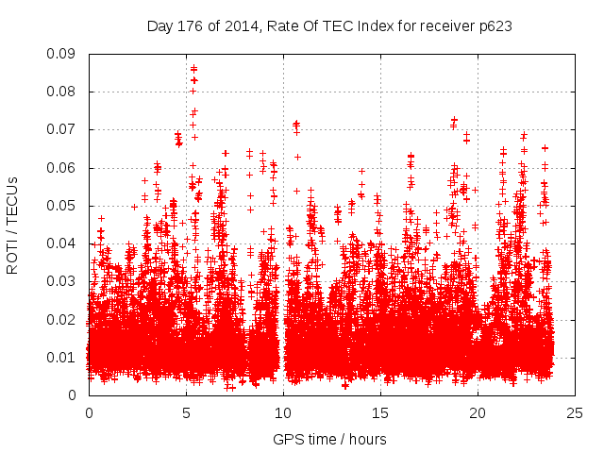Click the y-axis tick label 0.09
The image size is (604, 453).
pyautogui.click(x=63, y=54)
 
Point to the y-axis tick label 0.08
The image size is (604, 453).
pyautogui.click(x=63, y=92)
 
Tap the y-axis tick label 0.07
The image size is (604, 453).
pyautogui.click(x=63, y=129)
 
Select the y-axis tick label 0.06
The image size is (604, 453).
pyautogui.click(x=63, y=168)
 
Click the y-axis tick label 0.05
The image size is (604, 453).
pyautogui.click(x=63, y=206)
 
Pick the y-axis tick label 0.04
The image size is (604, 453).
pyautogui.click(x=63, y=243)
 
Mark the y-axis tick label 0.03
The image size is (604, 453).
pyautogui.click(x=63, y=281)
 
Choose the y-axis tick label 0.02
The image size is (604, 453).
pyautogui.click(x=63, y=319)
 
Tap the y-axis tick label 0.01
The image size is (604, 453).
pyautogui.click(x=63, y=357)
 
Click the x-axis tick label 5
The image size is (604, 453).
pyautogui.click(x=186, y=412)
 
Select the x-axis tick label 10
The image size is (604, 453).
pyautogui.click(x=283, y=412)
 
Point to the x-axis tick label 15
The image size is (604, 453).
pyautogui.click(x=380, y=412)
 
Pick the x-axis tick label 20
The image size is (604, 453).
pyautogui.click(x=478, y=412)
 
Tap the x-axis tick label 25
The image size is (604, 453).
pyautogui.click(x=575, y=412)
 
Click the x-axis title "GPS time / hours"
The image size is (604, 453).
pyautogui.click(x=329, y=439)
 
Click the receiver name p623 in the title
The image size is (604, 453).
pyautogui.click(x=494, y=26)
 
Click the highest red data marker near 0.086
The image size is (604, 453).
pyautogui.click(x=193, y=69)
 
